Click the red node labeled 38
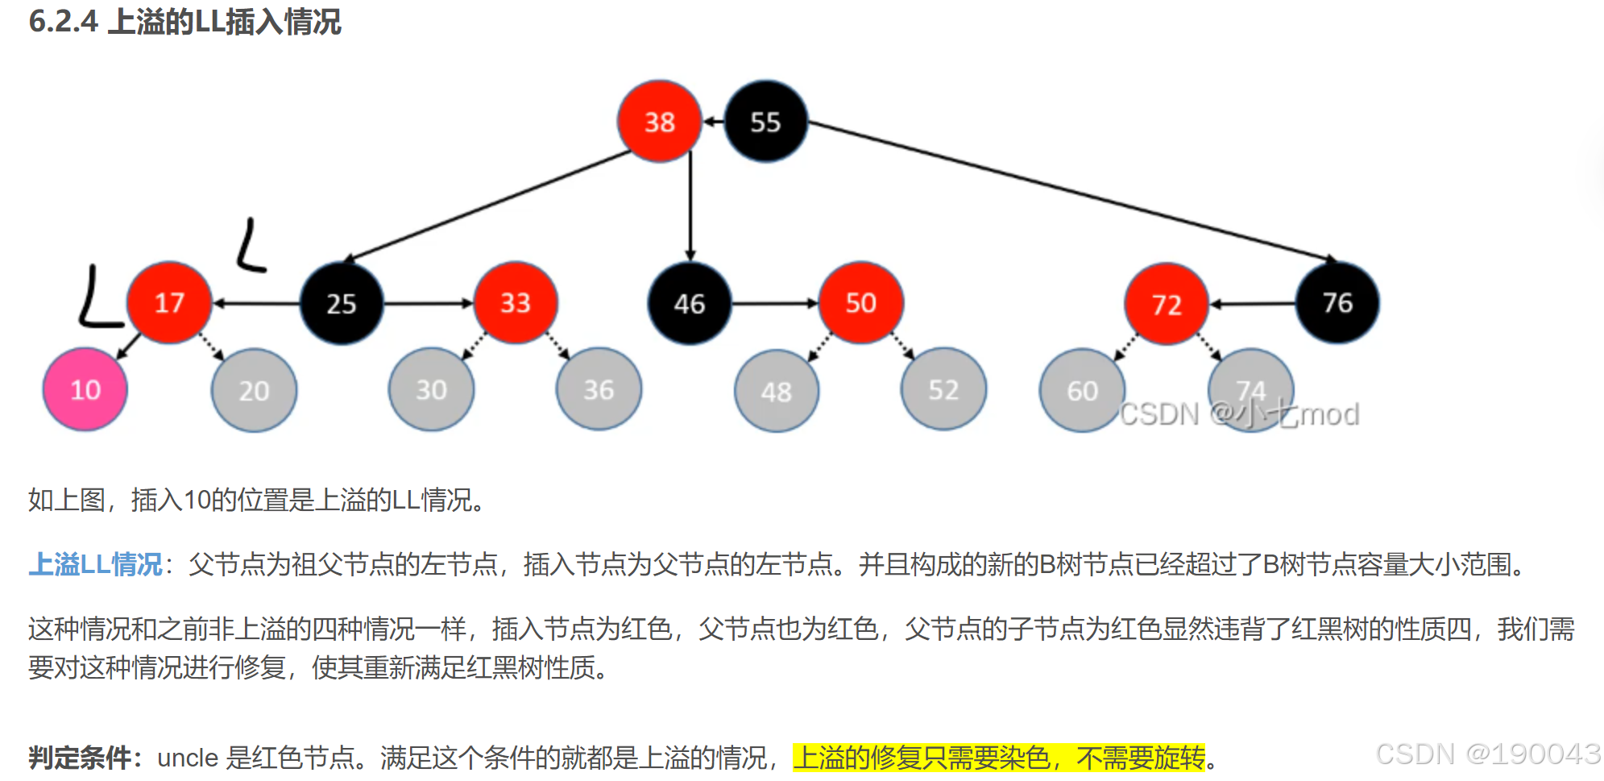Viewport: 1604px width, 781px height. pos(659,122)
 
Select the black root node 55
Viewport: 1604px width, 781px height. pos(765,122)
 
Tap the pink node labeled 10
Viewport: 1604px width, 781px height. pos(85,390)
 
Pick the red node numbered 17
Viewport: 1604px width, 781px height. pos(169,303)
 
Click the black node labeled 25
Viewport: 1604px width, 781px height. pos(341,304)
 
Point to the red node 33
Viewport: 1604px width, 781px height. pos(516,303)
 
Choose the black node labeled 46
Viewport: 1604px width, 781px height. pos(690,304)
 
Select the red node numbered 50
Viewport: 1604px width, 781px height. pos(860,303)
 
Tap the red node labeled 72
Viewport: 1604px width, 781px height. pos(1167,305)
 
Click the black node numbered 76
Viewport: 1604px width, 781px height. pos(1337,303)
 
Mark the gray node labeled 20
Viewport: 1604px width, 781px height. pos(254,391)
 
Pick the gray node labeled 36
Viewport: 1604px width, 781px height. pos(599,390)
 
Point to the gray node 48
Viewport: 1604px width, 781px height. pos(777,392)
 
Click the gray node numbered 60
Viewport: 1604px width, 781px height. pos(1082,391)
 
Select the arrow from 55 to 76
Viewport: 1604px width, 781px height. pos(1071,191)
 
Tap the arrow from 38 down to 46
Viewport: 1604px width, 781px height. pos(690,206)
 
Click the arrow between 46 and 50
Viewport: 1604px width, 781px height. pos(775,304)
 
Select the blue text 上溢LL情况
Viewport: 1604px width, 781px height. pos(96,564)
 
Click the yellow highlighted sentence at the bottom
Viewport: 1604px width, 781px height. pos(999,758)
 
